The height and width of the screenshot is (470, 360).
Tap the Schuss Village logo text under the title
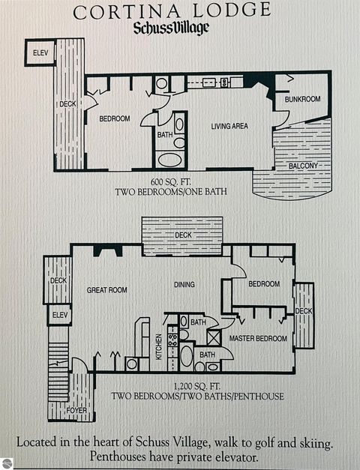pyautogui.click(x=171, y=28)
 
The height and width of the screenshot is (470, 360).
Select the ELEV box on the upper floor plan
pyautogui.click(x=40, y=53)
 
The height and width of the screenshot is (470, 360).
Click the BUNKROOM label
pyautogui.click(x=302, y=99)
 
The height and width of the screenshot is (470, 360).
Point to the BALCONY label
pyautogui.click(x=304, y=165)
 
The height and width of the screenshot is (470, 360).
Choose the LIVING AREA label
pyautogui.click(x=229, y=126)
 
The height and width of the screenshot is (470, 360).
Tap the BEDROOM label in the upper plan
pyautogui.click(x=115, y=118)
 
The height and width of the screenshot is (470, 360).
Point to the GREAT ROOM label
pyautogui.click(x=106, y=290)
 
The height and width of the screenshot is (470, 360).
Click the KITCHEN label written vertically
pyautogui.click(x=159, y=346)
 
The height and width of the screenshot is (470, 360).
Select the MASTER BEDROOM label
pyautogui.click(x=258, y=339)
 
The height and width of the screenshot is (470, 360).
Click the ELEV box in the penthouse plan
pyautogui.click(x=58, y=316)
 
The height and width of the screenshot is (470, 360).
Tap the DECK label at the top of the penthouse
pyautogui.click(x=183, y=235)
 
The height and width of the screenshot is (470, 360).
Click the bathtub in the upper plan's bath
pyautogui.click(x=169, y=159)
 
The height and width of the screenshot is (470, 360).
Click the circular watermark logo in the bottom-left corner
pyautogui.click(x=7, y=463)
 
